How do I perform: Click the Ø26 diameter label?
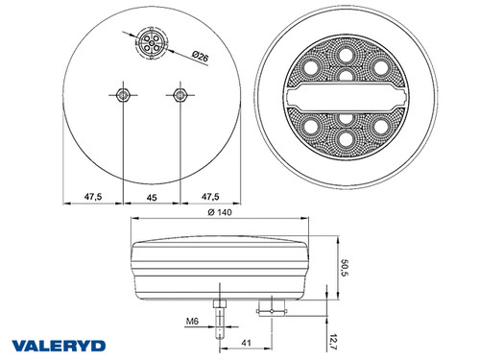pos(201,59)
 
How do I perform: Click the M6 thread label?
pos(192,322)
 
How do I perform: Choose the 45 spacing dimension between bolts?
pos(149,196)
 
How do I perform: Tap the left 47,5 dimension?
pos(93,196)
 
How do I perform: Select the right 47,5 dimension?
pos(206,196)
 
